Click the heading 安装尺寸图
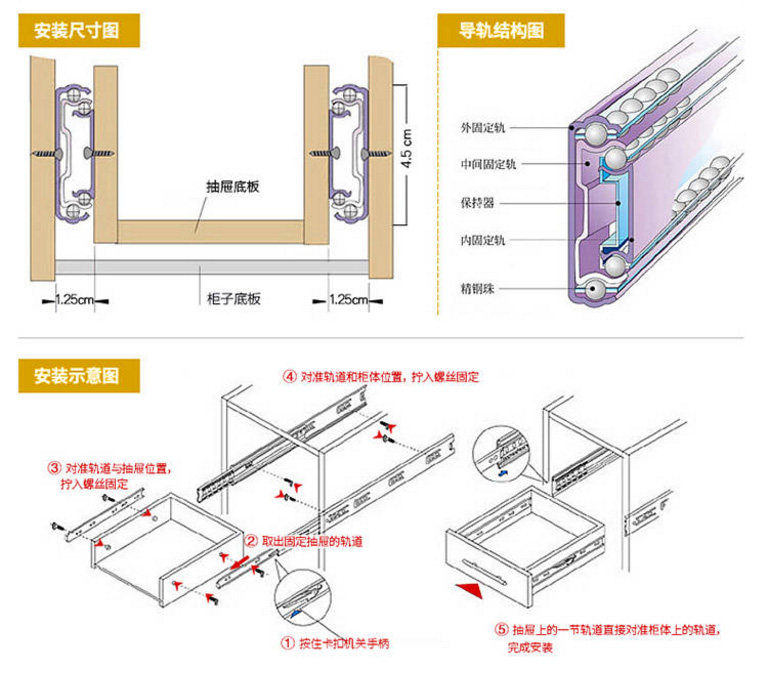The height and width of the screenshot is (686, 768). click(76, 30)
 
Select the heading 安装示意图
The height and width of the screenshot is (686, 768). click(76, 376)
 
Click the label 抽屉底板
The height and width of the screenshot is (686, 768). click(233, 187)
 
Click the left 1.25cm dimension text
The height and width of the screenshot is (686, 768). click(74, 299)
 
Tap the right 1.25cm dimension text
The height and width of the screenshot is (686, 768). click(349, 299)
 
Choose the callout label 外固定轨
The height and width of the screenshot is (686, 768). click(483, 128)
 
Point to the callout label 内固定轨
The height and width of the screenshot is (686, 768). click(483, 240)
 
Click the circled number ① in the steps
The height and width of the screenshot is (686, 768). click(287, 644)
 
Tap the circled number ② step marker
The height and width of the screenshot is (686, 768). click(252, 541)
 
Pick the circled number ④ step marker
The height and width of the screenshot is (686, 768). click(289, 377)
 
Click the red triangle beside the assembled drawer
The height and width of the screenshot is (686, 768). click(463, 586)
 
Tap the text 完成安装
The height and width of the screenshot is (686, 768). click(530, 649)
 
